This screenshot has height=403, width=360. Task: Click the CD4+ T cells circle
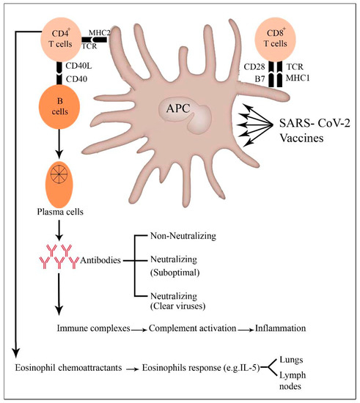pos(65,37)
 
